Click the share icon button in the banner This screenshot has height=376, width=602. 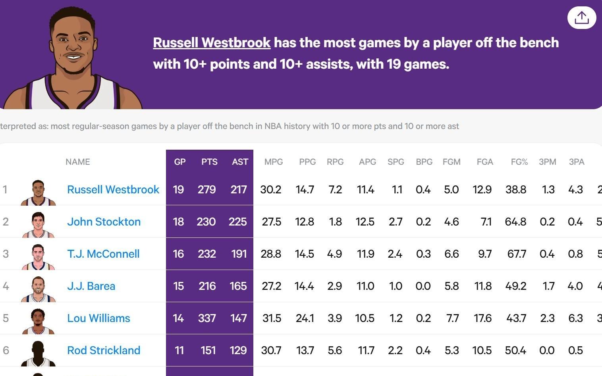(581, 17)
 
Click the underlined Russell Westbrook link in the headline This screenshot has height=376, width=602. (212, 42)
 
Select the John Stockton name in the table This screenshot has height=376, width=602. (104, 222)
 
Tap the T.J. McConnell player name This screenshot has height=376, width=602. (103, 254)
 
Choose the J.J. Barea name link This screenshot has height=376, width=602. (91, 286)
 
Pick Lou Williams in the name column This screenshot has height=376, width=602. (98, 318)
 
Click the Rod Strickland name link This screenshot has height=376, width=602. (104, 350)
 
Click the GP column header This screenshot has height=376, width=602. (179, 162)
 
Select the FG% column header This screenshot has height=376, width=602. (519, 162)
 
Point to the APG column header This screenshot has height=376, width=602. (367, 162)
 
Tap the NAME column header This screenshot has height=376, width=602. (78, 162)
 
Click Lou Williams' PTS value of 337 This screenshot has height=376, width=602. (207, 318)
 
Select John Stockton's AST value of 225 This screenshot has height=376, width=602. (237, 222)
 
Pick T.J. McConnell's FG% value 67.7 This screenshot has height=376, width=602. (516, 254)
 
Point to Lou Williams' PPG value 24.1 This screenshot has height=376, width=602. (305, 318)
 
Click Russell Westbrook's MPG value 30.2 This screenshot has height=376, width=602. (271, 189)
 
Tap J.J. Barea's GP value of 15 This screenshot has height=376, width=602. (178, 286)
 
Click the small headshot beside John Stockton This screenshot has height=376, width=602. (38, 224)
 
